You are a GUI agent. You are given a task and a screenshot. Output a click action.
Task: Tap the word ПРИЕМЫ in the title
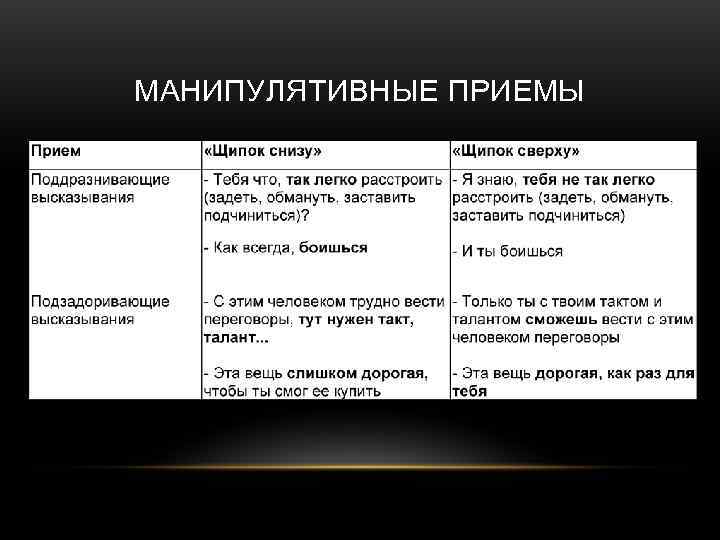click(515, 92)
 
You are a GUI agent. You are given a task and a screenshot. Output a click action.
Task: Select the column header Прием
click(56, 151)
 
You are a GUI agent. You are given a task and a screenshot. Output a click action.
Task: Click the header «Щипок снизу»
click(263, 151)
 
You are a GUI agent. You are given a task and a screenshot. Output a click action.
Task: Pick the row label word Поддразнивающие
click(100, 180)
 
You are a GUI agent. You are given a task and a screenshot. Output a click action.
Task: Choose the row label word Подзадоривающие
click(100, 301)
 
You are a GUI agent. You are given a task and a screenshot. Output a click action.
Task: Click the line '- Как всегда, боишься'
click(285, 247)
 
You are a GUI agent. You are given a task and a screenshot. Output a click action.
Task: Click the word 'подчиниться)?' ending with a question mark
click(256, 215)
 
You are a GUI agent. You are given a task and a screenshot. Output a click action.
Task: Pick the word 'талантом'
click(487, 319)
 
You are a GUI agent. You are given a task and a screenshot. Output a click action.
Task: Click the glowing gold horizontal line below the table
click(360, 467)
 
